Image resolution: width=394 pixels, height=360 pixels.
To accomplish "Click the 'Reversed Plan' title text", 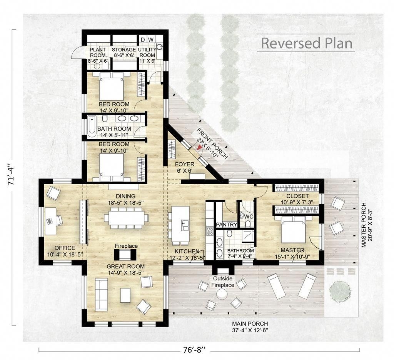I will coord(307,43).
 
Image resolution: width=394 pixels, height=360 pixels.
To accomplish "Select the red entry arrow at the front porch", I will coord(199,147).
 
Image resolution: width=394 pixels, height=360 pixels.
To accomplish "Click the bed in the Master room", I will coord(293,229).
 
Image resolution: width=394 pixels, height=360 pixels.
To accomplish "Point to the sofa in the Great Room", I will coord(101,294).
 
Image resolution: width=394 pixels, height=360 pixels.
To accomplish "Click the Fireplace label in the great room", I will coord(126,246).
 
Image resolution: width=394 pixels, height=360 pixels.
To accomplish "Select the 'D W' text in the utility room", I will coord(147,40).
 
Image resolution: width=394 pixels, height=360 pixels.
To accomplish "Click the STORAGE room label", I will coord(124,50).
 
